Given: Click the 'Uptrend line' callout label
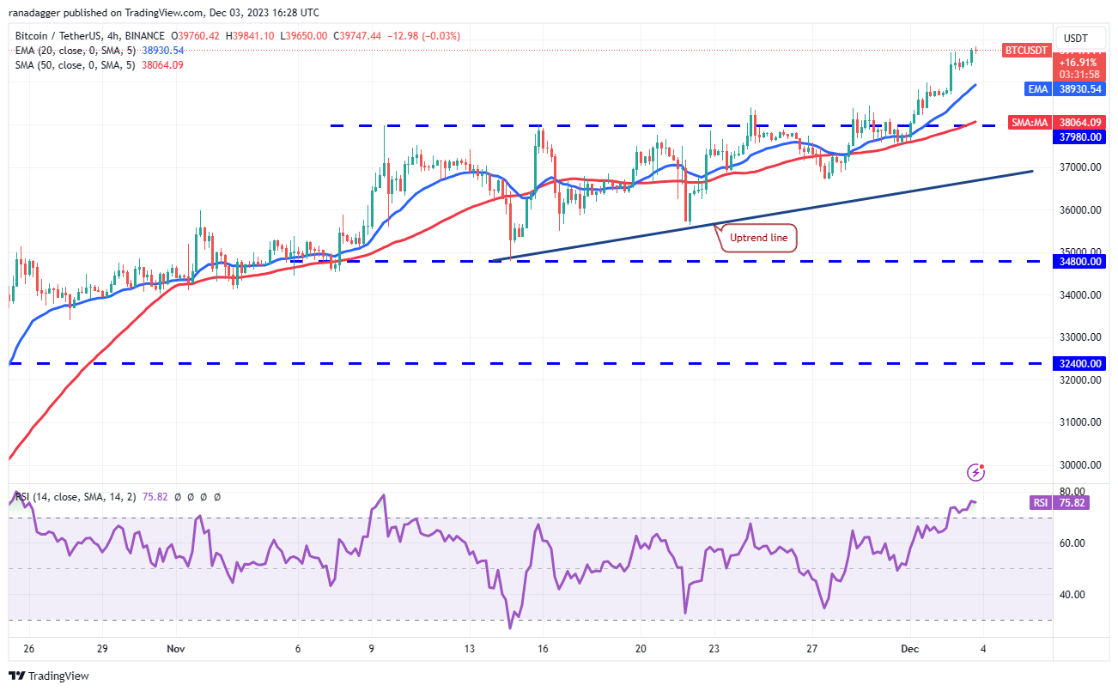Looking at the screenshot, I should point(758,237).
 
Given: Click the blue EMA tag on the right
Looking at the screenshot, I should point(1037,89).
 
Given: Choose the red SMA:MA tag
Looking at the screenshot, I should point(1030,123).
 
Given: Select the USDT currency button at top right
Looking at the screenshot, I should point(1076,38).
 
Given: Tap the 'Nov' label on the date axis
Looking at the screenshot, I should point(175,649).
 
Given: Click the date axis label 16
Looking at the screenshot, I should point(542,649).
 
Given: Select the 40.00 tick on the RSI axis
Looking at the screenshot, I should point(1073,594).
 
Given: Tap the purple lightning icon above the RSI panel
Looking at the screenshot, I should point(975,472).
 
